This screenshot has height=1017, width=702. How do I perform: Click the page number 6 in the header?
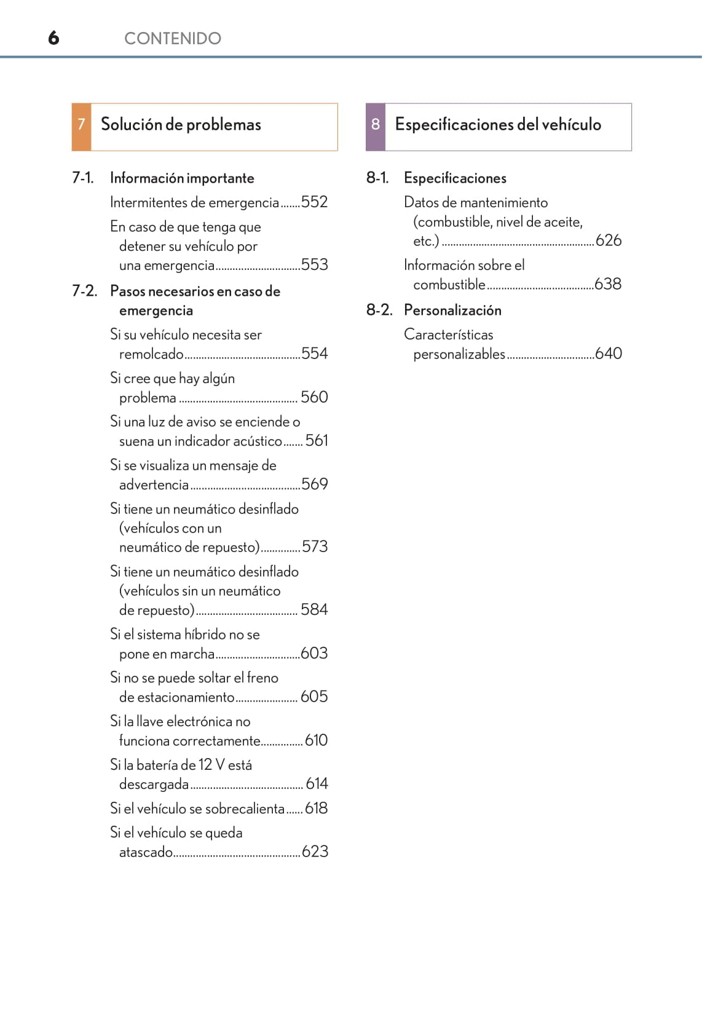pyautogui.click(x=53, y=38)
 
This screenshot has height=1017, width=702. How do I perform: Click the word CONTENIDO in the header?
pyautogui.click(x=172, y=39)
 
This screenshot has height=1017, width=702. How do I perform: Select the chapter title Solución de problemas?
pyautogui.click(x=181, y=125)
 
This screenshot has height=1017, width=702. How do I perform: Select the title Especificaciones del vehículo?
pyautogui.click(x=498, y=125)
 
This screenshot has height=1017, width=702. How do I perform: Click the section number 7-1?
pyautogui.click(x=83, y=178)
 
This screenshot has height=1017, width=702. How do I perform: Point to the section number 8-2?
pyautogui.click(x=379, y=310)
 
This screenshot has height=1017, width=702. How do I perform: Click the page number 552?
pyautogui.click(x=314, y=202)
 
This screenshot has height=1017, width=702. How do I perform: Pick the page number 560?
pyautogui.click(x=314, y=397)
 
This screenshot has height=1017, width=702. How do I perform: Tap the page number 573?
pyautogui.click(x=314, y=547)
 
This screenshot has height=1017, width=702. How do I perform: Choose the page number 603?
pyautogui.click(x=314, y=653)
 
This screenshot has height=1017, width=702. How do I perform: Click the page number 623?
pyautogui.click(x=315, y=852)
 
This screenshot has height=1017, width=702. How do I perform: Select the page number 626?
pyautogui.click(x=609, y=240)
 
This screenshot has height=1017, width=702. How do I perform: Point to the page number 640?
pyautogui.click(x=609, y=354)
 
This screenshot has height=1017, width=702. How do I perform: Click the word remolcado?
pyautogui.click(x=151, y=354)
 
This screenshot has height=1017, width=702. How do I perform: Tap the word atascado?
pyautogui.click(x=146, y=852)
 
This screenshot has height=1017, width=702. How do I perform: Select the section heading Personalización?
pyautogui.click(x=452, y=311)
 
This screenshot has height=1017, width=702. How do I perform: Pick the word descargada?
pyautogui.click(x=154, y=785)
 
